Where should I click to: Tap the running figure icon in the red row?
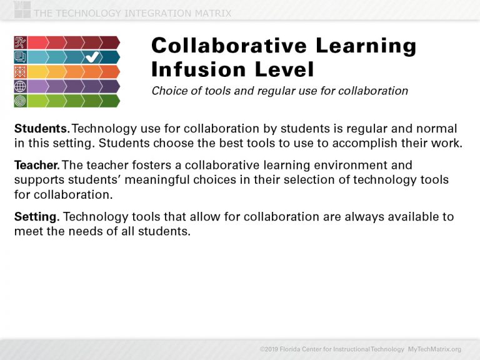tap(20, 42)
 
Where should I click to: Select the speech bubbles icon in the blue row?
tap(20, 57)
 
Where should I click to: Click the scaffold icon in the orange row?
tap(20, 72)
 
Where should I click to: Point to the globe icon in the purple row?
tap(20, 86)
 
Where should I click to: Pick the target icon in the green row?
tap(20, 101)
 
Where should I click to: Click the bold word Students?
tap(42, 129)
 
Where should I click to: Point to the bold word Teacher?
tap(37, 166)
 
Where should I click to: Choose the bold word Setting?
tap(37, 217)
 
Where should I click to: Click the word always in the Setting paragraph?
tap(343, 217)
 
